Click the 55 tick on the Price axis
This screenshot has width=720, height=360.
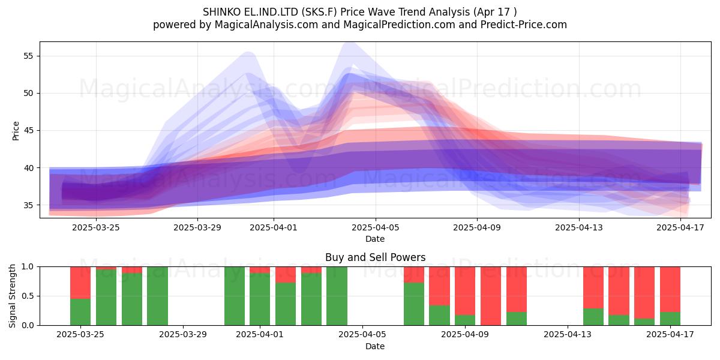tap(28, 56)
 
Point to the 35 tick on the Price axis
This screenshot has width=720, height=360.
tap(28, 205)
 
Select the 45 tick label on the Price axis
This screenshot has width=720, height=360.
tap(28, 131)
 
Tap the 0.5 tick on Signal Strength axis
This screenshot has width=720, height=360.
tap(28, 296)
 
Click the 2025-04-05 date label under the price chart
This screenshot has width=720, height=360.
tap(375, 227)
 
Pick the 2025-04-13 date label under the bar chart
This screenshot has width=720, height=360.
tap(568, 334)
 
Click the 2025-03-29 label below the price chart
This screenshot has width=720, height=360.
tap(197, 227)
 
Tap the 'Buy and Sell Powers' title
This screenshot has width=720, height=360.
tap(375, 257)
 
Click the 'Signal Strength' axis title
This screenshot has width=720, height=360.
tap(12, 296)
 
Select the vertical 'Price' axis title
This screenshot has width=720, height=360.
tap(16, 131)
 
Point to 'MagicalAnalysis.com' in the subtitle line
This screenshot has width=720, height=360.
tap(266, 25)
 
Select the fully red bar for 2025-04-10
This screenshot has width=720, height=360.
tap(491, 296)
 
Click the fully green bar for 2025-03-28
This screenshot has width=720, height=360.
tap(157, 296)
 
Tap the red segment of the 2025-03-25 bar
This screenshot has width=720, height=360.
tap(80, 283)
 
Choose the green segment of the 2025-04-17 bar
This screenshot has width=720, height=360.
tap(670, 319)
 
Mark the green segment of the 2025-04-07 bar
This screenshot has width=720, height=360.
tap(413, 304)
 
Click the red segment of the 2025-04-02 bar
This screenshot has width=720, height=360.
tap(286, 275)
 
